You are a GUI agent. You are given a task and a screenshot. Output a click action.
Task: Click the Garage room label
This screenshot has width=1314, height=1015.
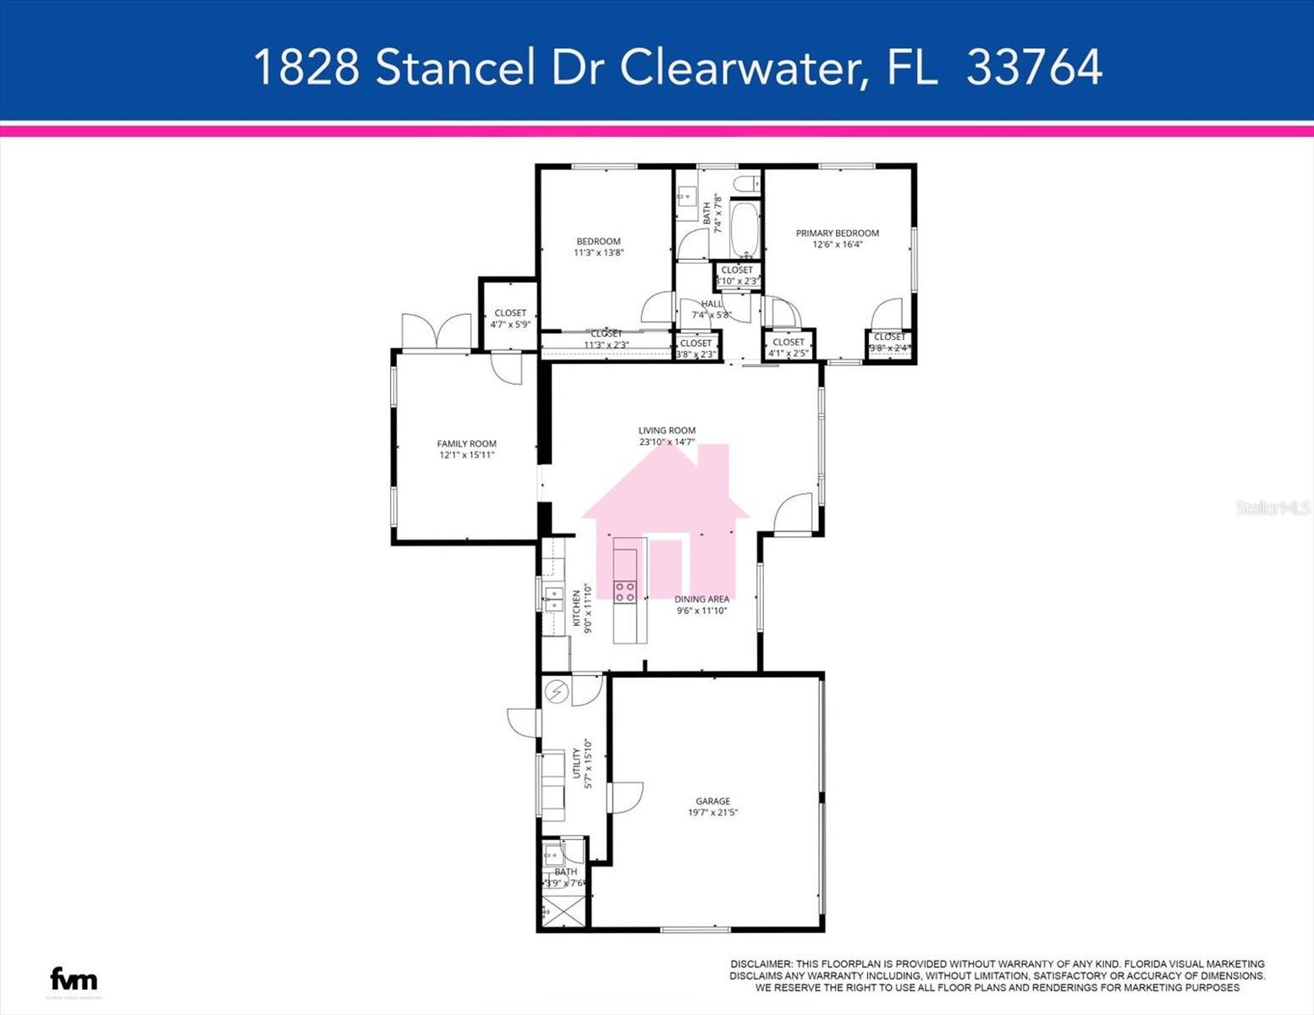click(x=712, y=801)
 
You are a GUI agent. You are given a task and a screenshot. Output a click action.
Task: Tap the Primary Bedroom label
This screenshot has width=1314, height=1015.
click(x=837, y=233)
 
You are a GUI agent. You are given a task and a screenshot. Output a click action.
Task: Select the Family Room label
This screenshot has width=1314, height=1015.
click(x=466, y=444)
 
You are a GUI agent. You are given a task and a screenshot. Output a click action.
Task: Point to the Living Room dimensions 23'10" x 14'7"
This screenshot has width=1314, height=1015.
click(x=667, y=442)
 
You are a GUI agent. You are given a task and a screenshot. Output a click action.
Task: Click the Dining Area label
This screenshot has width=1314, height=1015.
click(x=701, y=600)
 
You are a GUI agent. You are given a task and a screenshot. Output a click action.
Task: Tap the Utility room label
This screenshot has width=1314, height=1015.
click(x=577, y=763)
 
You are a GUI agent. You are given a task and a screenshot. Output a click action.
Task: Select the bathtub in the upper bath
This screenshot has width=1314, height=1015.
click(x=745, y=229)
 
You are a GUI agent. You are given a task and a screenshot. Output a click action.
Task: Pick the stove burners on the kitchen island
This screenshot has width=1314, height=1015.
click(x=625, y=591)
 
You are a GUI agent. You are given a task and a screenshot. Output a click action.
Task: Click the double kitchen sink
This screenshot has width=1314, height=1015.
click(x=553, y=599)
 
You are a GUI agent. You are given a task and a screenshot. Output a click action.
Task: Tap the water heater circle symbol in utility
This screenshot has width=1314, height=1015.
click(x=557, y=692)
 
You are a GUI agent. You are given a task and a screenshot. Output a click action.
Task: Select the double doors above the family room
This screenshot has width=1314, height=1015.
click(x=437, y=331)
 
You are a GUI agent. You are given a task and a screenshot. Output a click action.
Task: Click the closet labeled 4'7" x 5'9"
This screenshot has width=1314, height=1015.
click(x=509, y=318)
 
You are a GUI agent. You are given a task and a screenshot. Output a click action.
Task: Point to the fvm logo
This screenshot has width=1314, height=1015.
click(x=74, y=979)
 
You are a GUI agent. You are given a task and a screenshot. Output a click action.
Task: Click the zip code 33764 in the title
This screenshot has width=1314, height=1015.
click(x=1034, y=67)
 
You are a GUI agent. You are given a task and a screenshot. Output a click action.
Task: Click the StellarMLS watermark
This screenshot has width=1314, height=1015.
click(x=1272, y=507)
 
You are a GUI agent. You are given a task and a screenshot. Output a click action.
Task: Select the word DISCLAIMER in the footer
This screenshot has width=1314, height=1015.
click(x=761, y=964)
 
